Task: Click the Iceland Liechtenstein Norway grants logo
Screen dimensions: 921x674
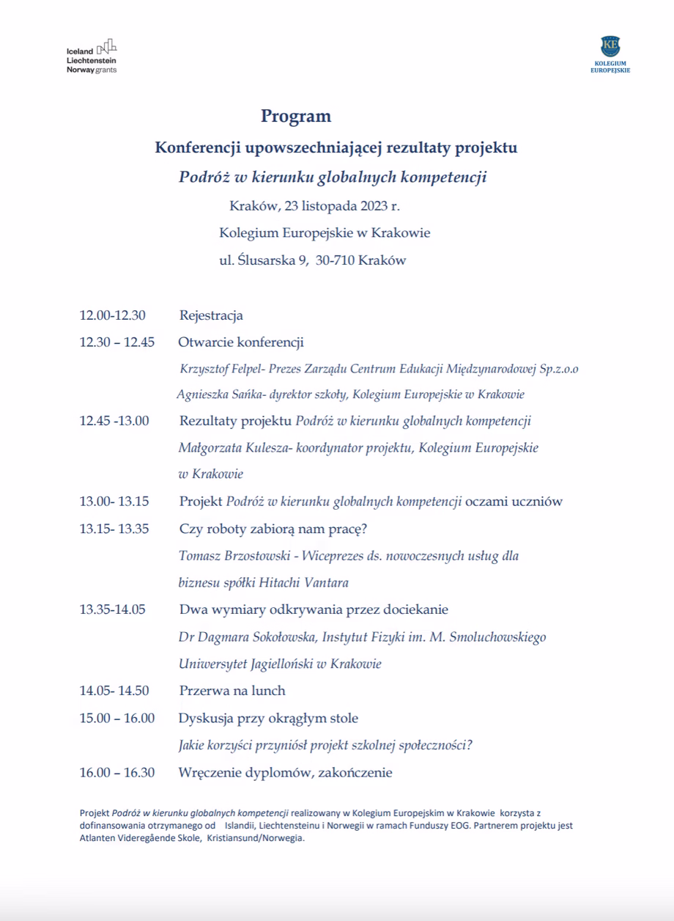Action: pyautogui.click(x=91, y=56)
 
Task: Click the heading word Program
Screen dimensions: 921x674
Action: pyautogui.click(x=296, y=116)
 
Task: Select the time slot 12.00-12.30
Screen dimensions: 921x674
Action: pyautogui.click(x=113, y=315)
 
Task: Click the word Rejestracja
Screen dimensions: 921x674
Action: pyautogui.click(x=211, y=316)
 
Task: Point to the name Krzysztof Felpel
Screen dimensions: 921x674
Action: pyautogui.click(x=221, y=369)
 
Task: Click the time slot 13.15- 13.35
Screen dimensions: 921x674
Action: pyautogui.click(x=114, y=529)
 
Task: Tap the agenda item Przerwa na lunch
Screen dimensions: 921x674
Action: pyautogui.click(x=232, y=691)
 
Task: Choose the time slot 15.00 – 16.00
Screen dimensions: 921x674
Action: pyautogui.click(x=117, y=718)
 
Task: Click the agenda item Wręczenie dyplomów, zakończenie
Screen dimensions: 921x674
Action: pyautogui.click(x=286, y=772)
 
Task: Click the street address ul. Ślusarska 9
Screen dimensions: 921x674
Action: pyautogui.click(x=263, y=260)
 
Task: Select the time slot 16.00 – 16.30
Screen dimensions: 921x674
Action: pyautogui.click(x=117, y=772)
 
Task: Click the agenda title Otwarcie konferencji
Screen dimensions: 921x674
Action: pyautogui.click(x=241, y=342)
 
